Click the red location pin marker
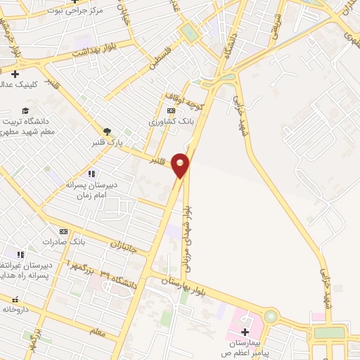pos(181,165)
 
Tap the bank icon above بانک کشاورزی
pos(170,111)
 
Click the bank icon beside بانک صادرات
pos(64,231)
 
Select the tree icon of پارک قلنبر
pos(107,131)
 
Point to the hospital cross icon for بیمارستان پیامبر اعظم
pos(245,332)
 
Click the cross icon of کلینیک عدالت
pos(15,74)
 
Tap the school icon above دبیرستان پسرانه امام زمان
pos(91,174)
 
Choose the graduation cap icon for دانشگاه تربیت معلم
pos(25,110)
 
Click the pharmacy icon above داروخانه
pos(15,300)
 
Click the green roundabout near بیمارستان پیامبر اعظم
pos(271,317)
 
